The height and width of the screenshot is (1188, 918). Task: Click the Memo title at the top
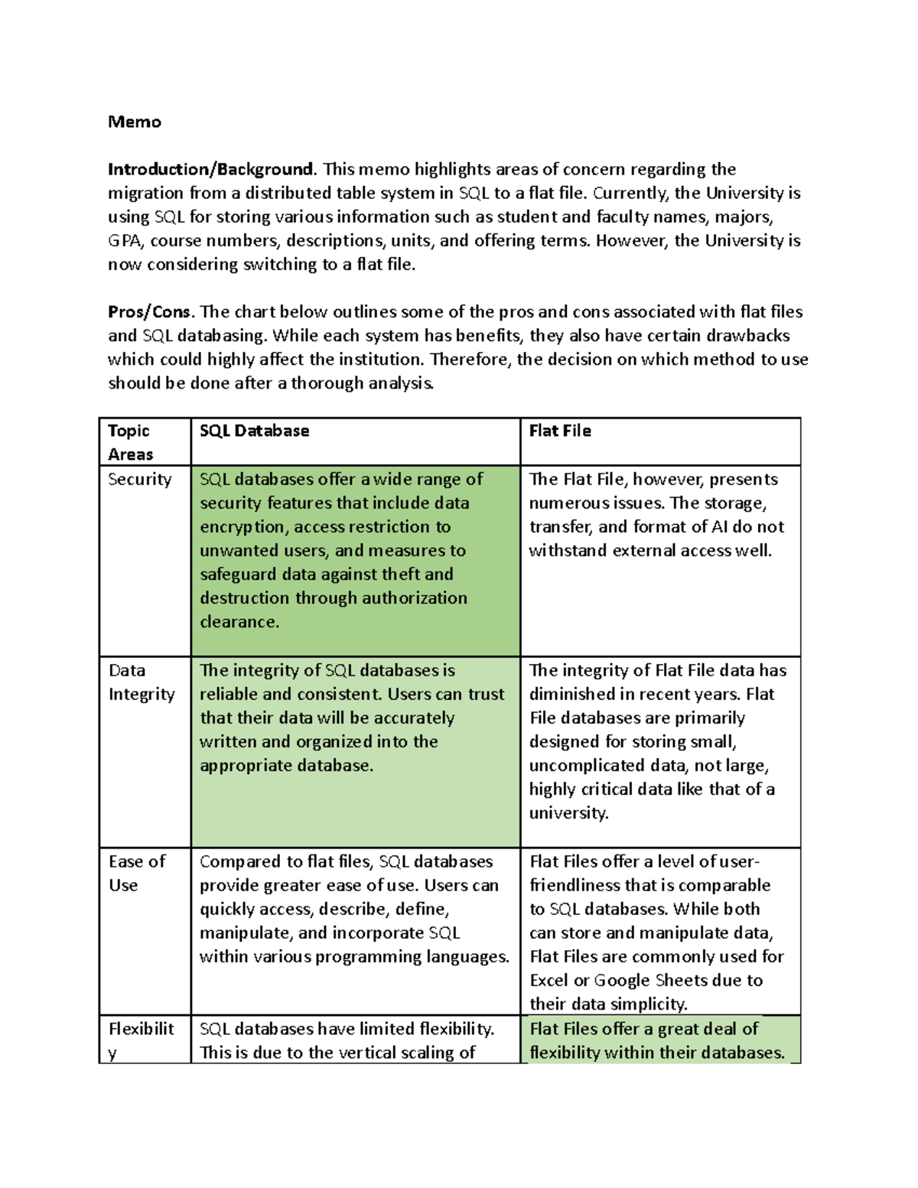pyautogui.click(x=135, y=122)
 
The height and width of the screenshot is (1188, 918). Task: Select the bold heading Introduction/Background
pyautogui.click(x=210, y=169)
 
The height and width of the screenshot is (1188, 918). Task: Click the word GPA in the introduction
pyautogui.click(x=125, y=241)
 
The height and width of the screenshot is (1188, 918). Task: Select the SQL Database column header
pyautogui.click(x=254, y=431)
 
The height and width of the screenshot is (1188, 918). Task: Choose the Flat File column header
pyautogui.click(x=560, y=431)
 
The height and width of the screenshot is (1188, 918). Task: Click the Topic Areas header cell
pyautogui.click(x=130, y=442)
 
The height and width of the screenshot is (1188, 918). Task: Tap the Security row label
pyautogui.click(x=139, y=480)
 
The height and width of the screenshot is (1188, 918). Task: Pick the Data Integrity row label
pyautogui.click(x=142, y=682)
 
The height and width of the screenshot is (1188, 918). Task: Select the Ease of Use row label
pyautogui.click(x=136, y=873)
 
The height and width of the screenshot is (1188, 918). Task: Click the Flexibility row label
pyautogui.click(x=141, y=1040)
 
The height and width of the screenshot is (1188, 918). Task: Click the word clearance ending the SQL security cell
pyautogui.click(x=239, y=622)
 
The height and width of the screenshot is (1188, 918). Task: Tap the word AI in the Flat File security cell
pyautogui.click(x=719, y=527)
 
